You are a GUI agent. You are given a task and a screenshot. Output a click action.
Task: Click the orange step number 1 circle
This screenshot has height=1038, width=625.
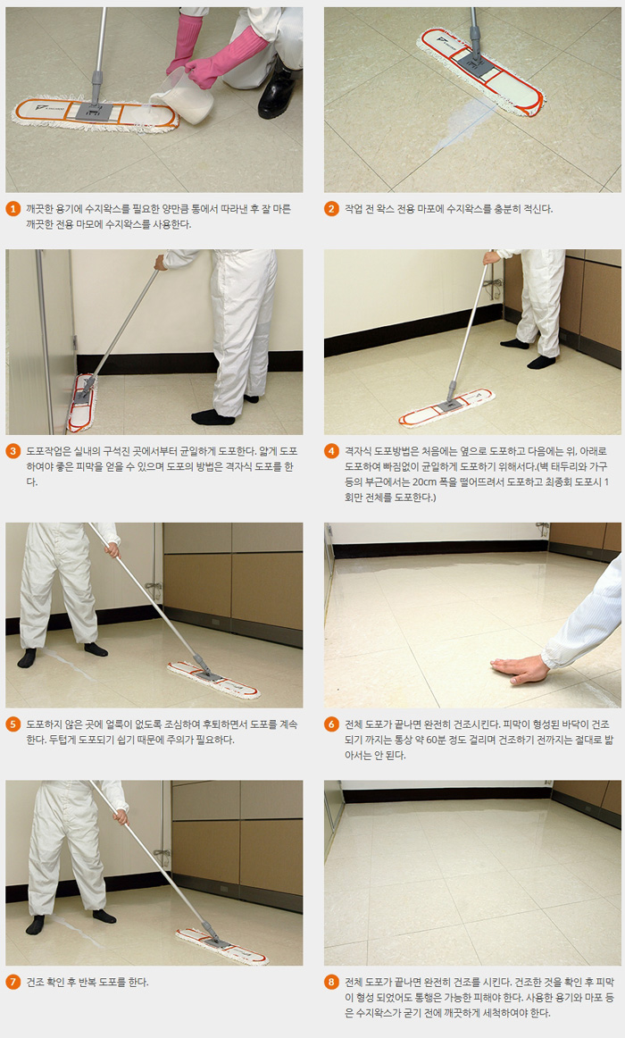pos(13,209)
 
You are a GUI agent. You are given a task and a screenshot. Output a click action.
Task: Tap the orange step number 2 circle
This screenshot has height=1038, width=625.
pos(332,209)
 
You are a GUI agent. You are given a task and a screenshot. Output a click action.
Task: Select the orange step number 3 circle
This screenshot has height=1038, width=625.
pos(13,451)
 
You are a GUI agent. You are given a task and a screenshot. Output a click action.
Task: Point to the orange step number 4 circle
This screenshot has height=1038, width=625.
pos(332,451)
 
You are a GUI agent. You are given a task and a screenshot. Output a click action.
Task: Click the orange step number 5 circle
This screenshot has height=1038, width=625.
pos(13,724)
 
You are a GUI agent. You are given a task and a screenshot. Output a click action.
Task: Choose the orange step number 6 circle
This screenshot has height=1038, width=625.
pos(332,724)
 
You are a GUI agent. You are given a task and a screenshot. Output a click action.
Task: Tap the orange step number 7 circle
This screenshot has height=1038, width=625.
pos(13,983)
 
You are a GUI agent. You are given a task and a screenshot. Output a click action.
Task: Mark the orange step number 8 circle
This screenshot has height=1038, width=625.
pos(332,983)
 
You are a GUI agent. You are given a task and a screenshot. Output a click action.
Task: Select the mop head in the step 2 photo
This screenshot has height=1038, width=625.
pos(481,72)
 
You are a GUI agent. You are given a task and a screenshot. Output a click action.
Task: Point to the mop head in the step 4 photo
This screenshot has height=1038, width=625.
pos(446,407)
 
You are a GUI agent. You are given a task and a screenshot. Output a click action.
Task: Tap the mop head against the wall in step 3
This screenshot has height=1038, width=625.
pos(82,402)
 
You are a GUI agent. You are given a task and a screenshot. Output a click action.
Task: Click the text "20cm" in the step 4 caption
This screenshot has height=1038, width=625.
pos(426,482)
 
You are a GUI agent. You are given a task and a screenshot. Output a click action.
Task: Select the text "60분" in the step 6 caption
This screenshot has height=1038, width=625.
pos(458,741)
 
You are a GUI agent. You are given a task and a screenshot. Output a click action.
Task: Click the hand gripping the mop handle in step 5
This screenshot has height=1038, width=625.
pos(112,548)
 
